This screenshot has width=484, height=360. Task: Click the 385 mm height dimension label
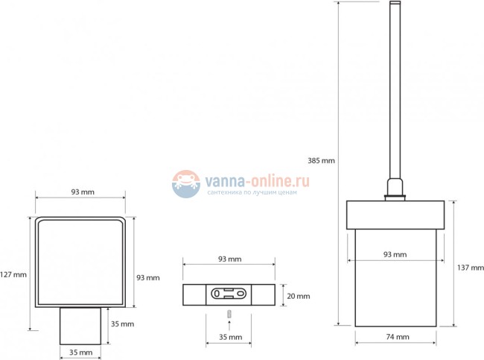tap(321, 160)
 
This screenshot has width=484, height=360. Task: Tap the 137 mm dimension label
tap(471, 268)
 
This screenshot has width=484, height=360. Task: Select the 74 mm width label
tap(398, 337)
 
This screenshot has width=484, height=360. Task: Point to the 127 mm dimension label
tap(13, 274)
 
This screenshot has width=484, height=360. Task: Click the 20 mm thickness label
tap(299, 296)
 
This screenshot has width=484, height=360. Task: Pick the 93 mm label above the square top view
tap(83, 192)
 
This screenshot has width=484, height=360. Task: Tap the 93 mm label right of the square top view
tap(148, 277)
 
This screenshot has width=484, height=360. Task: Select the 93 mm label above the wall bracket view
tap(230, 259)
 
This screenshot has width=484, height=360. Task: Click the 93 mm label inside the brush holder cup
tap(395, 254)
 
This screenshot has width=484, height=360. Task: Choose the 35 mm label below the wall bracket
tap(231, 337)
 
